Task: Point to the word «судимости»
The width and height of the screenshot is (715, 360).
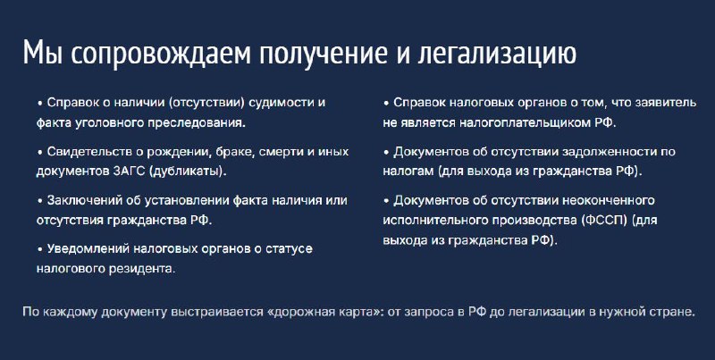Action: pos(284,103)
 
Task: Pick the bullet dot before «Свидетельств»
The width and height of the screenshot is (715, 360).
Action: pos(39,152)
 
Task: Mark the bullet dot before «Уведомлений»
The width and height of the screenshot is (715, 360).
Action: pos(39,249)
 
